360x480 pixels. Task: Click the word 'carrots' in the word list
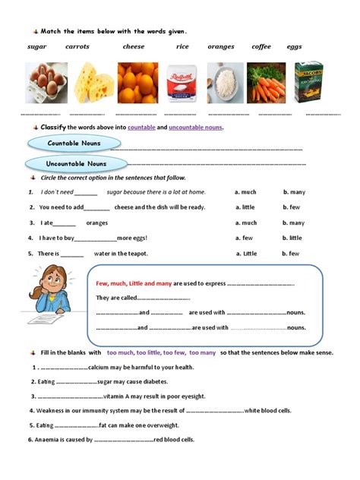(78, 47)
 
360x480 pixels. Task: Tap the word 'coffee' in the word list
(261, 47)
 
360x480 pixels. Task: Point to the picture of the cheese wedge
(93, 83)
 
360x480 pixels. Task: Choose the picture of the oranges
(137, 83)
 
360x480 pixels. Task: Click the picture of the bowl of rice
(225, 83)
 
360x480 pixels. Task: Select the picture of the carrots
(268, 83)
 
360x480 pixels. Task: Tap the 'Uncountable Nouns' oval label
(75, 164)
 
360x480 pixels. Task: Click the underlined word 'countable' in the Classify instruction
(142, 128)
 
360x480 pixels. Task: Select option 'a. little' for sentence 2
(245, 207)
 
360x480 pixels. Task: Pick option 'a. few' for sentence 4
(244, 238)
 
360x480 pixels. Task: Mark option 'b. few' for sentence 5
(292, 253)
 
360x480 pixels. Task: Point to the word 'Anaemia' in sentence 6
(53, 440)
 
